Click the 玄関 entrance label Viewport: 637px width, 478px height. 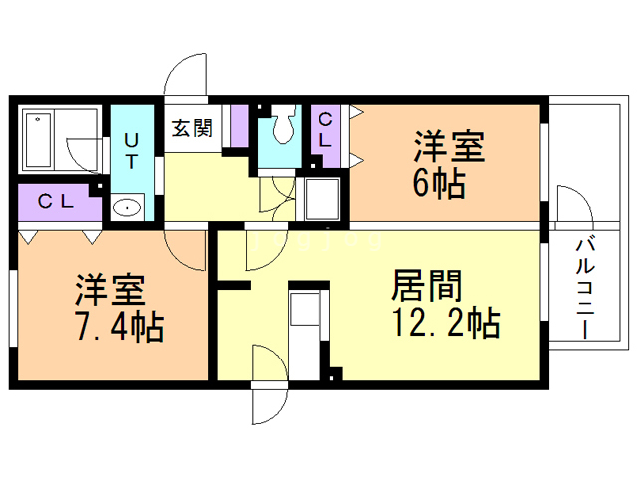pos(192,127)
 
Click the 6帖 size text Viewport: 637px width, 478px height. pos(438,184)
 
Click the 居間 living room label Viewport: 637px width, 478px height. pos(427,287)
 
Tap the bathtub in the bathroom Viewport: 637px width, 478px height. pos(40,140)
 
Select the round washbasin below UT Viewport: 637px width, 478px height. pos(128,207)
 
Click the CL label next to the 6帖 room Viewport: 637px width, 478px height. pos(325,129)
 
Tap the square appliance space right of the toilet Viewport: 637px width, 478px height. pos(322,198)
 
